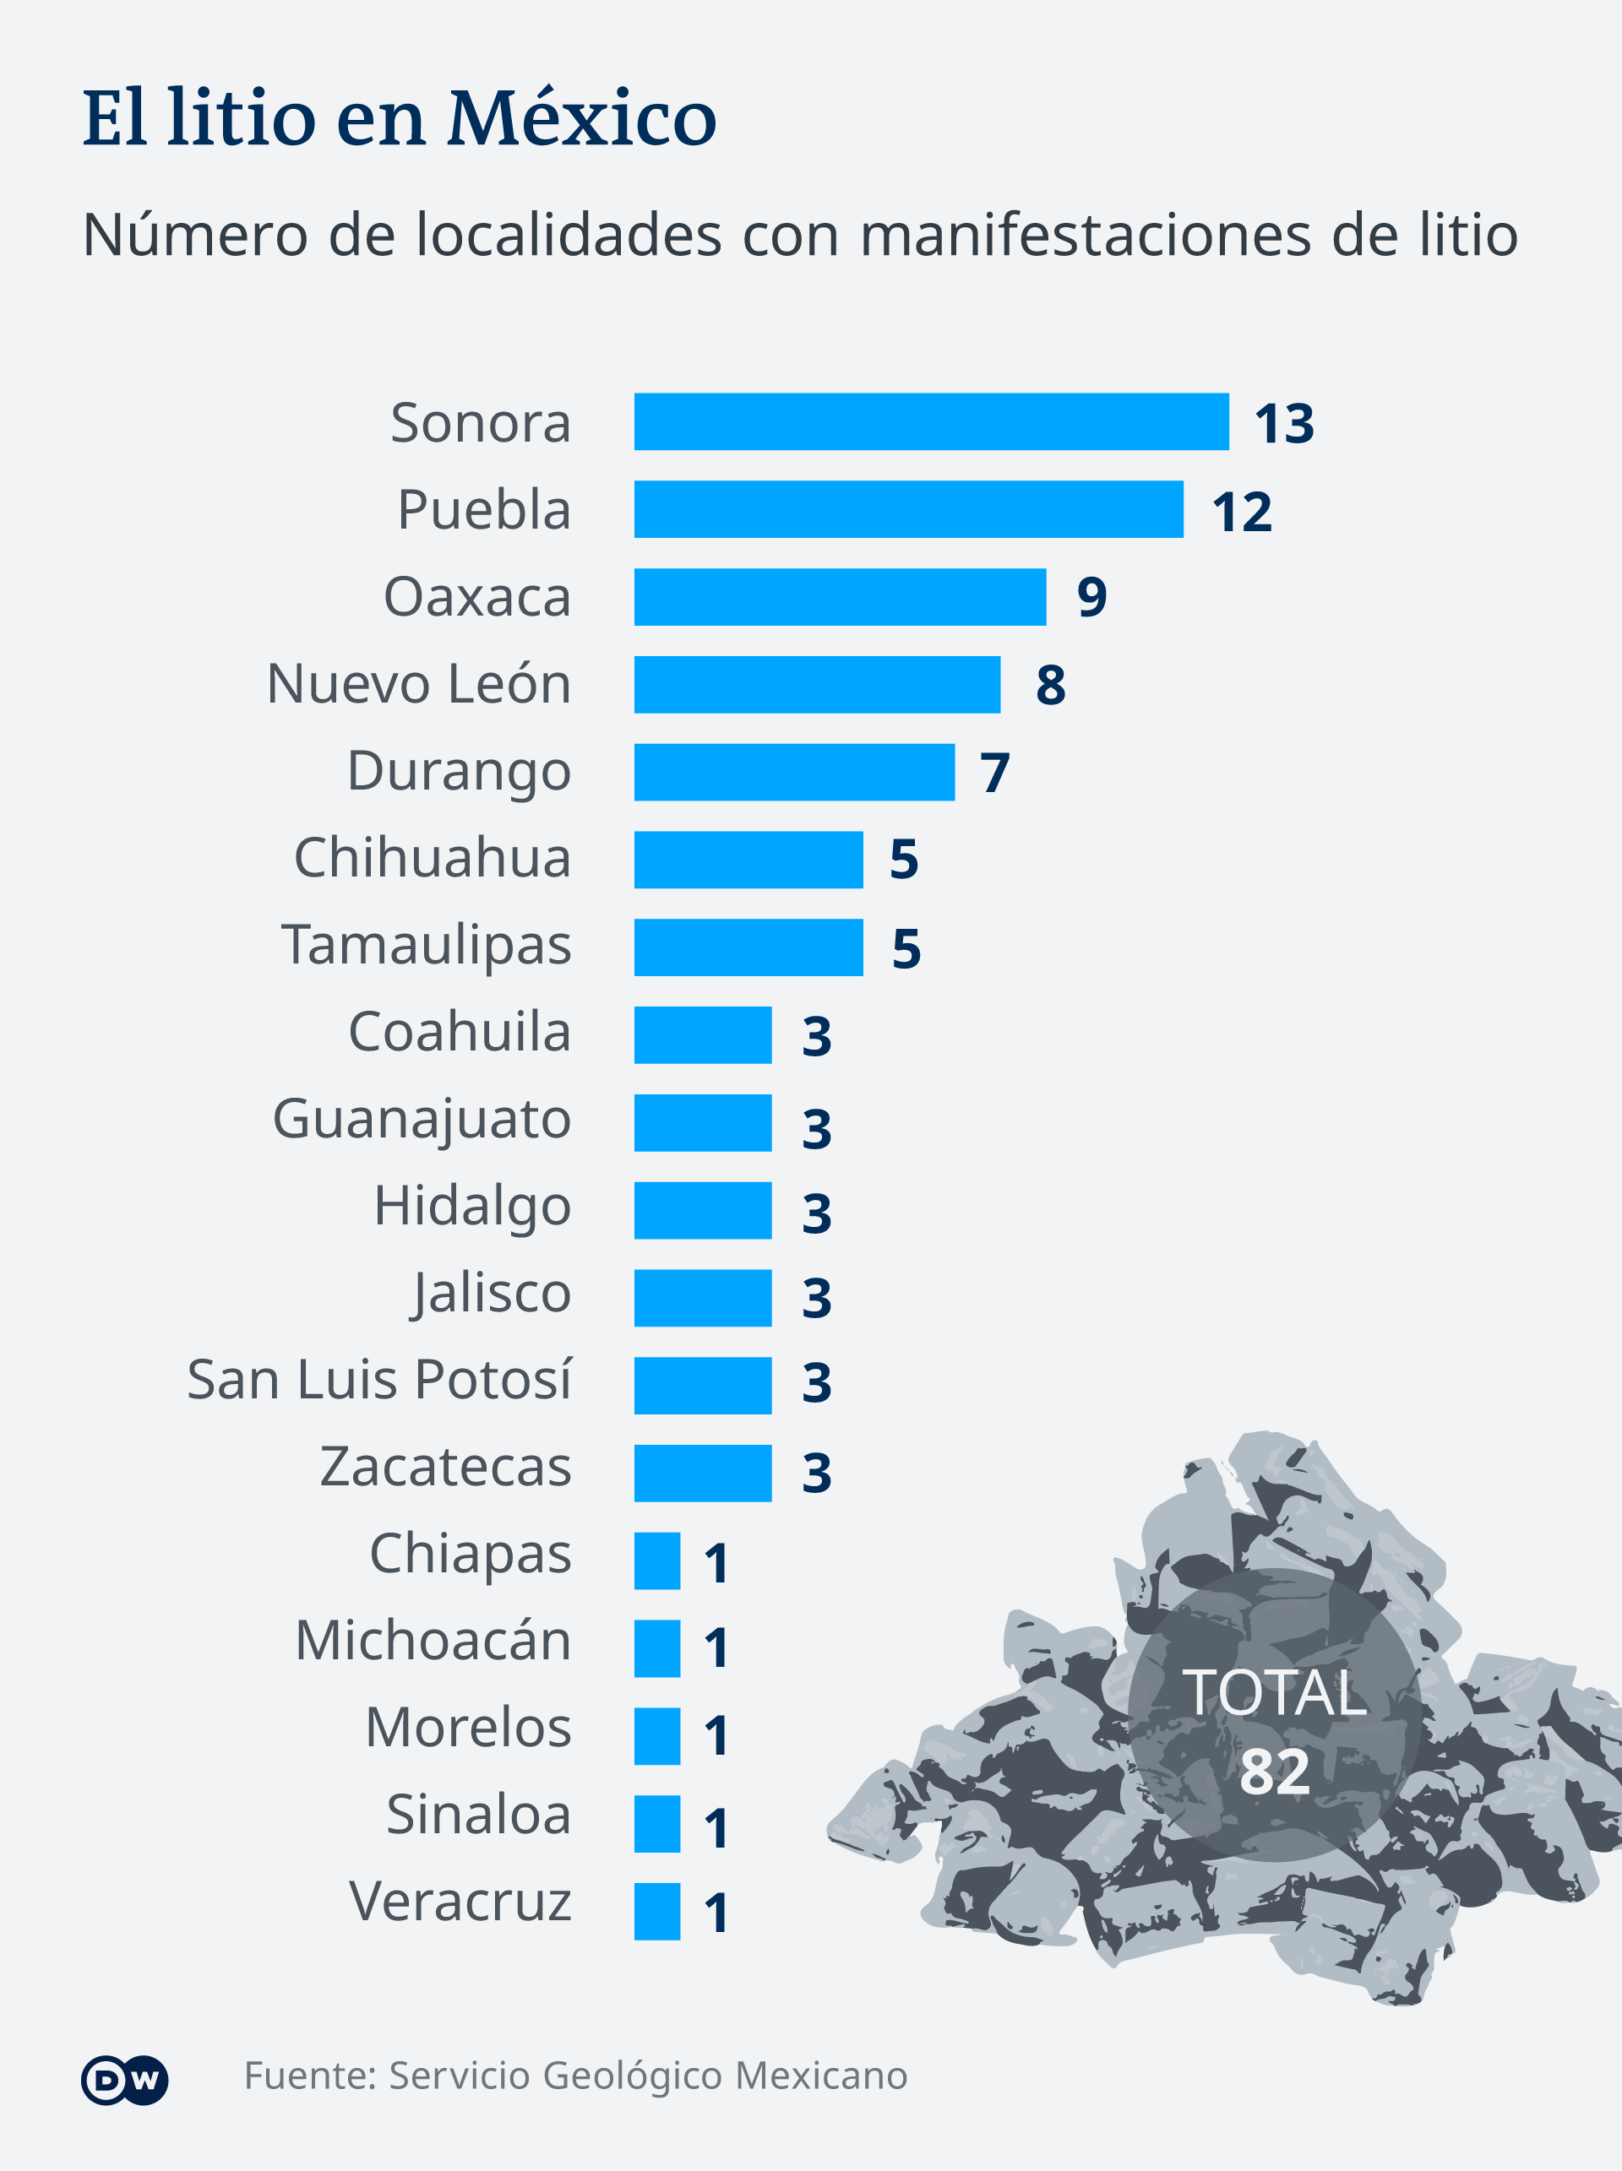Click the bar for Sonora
pos(931,422)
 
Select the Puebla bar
pos(908,509)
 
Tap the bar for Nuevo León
pos(817,684)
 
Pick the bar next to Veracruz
pos(657,1911)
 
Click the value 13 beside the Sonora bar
pos(1283,424)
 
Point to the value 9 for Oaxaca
pos(1091,597)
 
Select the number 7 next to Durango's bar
pos(994,773)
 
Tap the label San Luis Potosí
pos(379,1380)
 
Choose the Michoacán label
pos(433,1641)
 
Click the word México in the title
pos(582,119)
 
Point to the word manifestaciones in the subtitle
pos(1085,236)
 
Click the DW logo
pos(125,2079)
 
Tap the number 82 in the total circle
pos(1275,1772)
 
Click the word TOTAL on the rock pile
pos(1275,1693)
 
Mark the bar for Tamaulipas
pos(748,947)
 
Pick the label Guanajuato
pos(422,1120)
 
